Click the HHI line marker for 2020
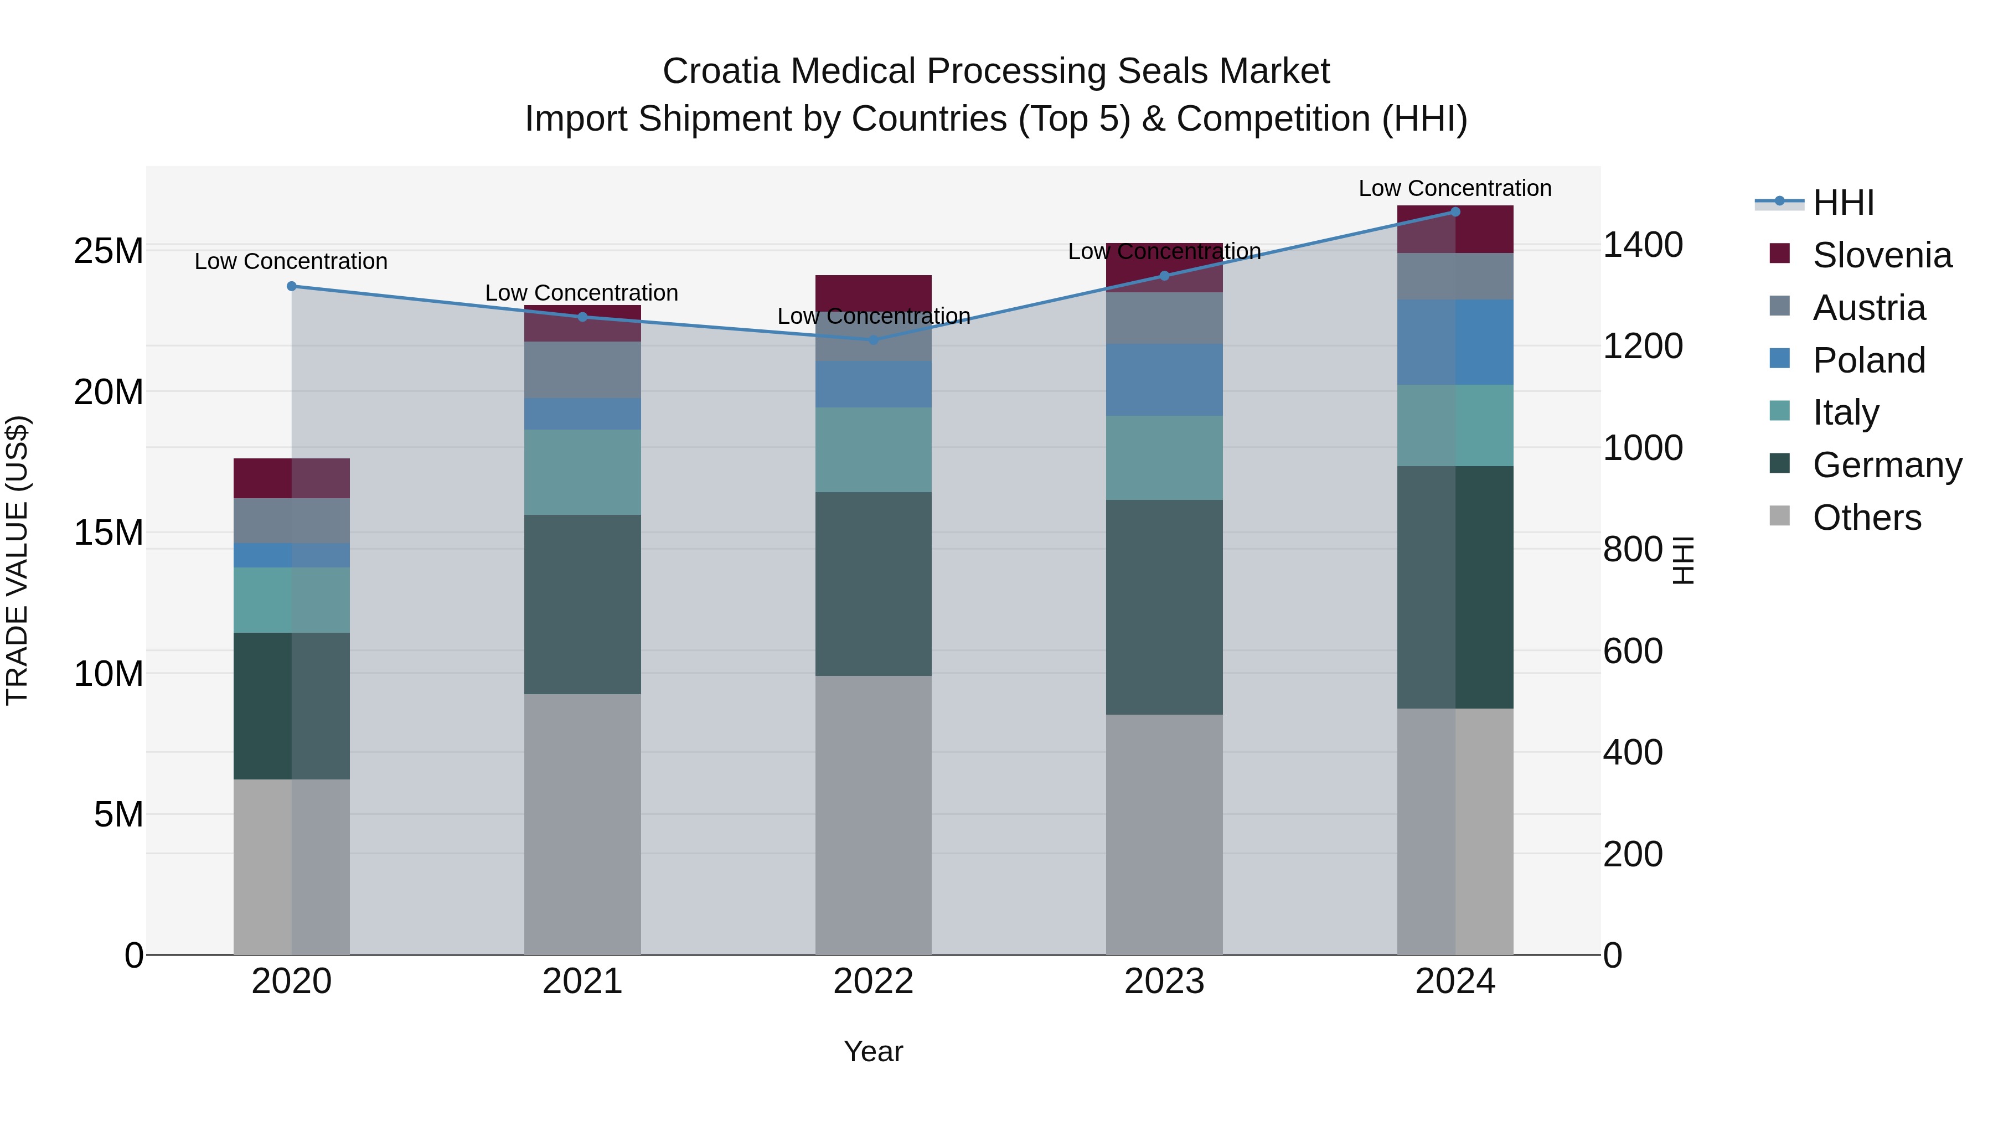click(x=292, y=286)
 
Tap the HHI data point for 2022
click(x=874, y=340)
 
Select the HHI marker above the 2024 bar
click(x=1455, y=212)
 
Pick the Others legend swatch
click(x=1779, y=516)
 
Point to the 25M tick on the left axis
click(x=109, y=251)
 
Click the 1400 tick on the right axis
click(x=1643, y=245)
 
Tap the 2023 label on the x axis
click(x=1164, y=981)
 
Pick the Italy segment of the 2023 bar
click(x=1164, y=457)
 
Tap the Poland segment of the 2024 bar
click(x=1455, y=342)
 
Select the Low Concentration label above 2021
click(x=582, y=293)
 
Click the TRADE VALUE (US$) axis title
click(x=17, y=560)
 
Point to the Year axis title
click(x=874, y=1051)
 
